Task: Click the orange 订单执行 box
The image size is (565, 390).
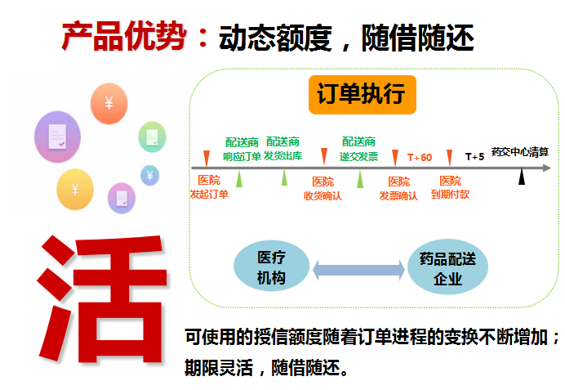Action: tap(363, 95)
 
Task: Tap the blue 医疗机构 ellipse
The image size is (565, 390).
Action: tap(271, 267)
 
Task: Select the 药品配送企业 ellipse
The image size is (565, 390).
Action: tap(447, 267)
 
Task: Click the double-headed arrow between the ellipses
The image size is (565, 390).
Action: tap(358, 270)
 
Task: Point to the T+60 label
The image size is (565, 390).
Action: tap(420, 158)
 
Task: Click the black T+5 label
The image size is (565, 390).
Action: tap(474, 157)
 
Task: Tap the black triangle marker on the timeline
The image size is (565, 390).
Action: tap(522, 177)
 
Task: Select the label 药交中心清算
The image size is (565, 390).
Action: tap(520, 152)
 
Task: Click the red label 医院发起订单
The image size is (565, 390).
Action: tap(209, 187)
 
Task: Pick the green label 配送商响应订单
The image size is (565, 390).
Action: tap(242, 150)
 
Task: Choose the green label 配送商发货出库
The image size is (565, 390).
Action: tap(282, 149)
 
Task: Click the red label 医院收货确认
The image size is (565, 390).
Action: tap(323, 188)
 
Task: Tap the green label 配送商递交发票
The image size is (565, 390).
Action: tap(359, 149)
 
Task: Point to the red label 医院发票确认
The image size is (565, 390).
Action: tap(398, 188)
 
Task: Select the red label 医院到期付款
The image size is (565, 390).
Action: tap(450, 187)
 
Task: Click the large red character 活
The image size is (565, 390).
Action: tap(102, 298)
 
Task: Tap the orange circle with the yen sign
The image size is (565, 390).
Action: tap(109, 104)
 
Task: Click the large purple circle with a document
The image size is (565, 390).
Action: tap(57, 137)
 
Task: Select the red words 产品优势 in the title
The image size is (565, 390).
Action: tap(124, 36)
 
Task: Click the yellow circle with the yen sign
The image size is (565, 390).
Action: tap(75, 190)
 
